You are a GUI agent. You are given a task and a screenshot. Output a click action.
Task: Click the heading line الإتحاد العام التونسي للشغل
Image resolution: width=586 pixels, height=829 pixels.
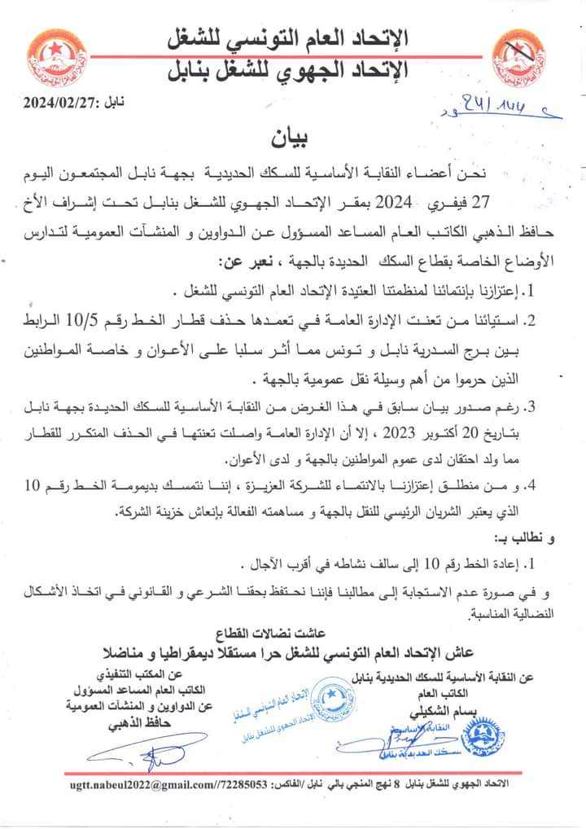[x=291, y=37]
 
